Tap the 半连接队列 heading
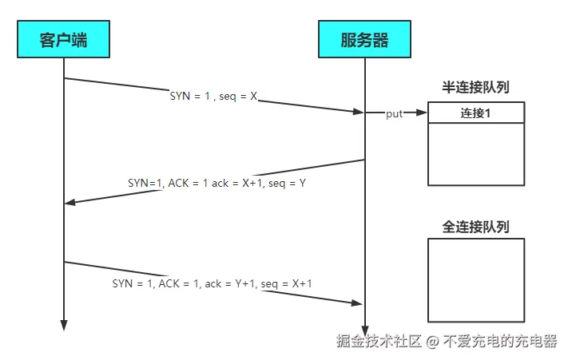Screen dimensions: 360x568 point(475,87)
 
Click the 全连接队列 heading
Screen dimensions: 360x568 point(475,227)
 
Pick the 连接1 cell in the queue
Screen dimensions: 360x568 point(476,113)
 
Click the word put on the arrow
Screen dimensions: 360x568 point(395,114)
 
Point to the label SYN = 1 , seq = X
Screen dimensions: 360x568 point(213,96)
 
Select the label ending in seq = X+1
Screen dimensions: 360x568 point(212,283)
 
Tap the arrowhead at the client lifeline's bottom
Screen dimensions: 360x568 point(63,325)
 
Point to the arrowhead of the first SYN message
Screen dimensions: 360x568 point(359,112)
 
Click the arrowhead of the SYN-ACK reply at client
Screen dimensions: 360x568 point(70,202)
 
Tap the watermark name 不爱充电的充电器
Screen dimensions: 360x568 point(500,341)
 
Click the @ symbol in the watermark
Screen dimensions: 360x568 point(431,342)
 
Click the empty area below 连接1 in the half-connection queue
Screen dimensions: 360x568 point(476,153)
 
